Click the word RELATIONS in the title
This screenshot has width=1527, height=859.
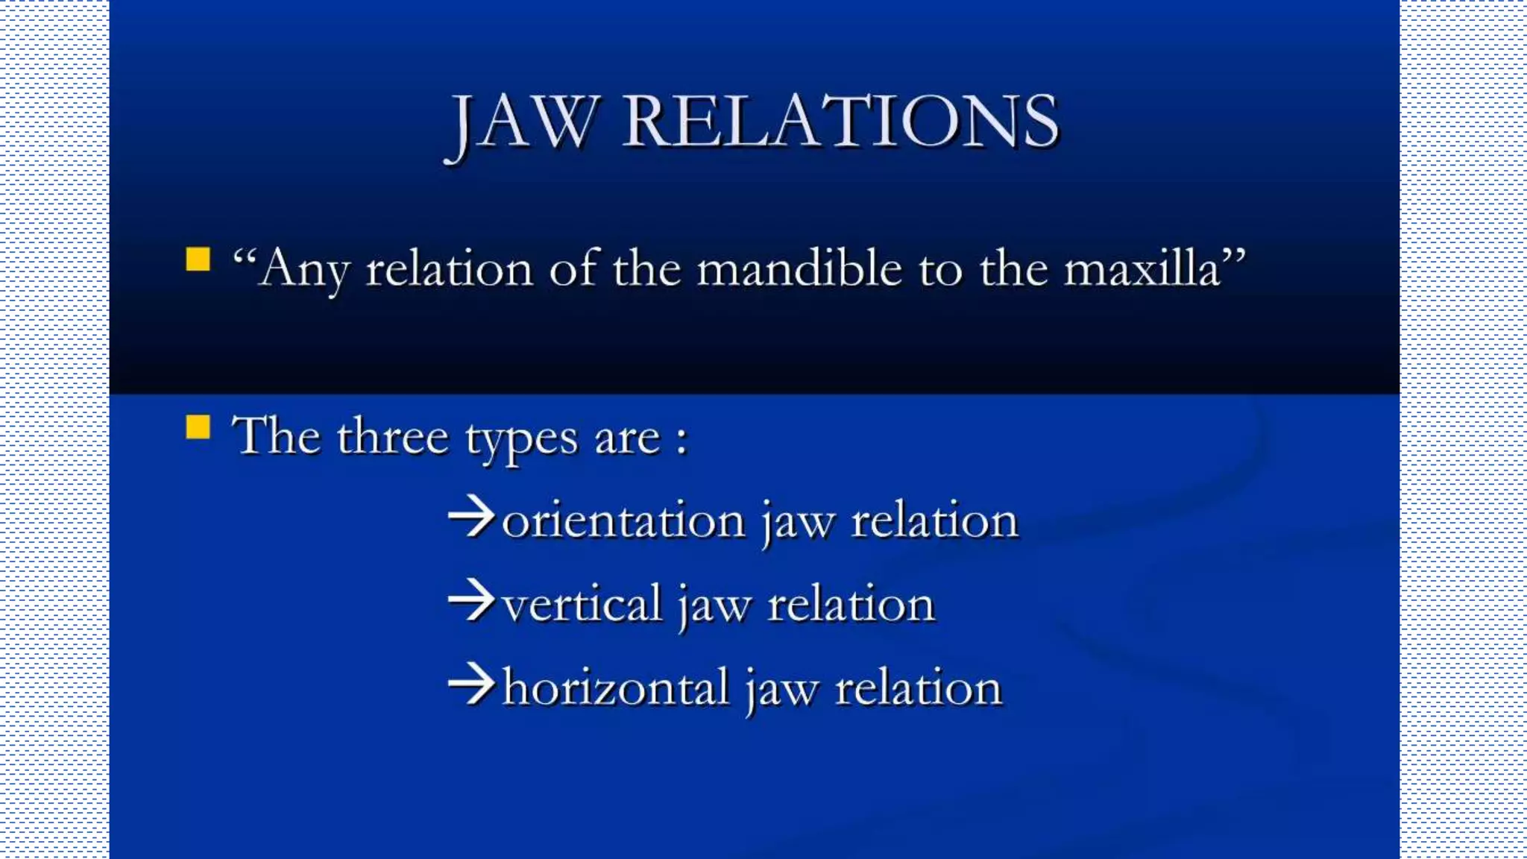840,122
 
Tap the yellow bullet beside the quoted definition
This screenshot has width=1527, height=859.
198,259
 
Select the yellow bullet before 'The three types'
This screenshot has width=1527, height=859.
198,428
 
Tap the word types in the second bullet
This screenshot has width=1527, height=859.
521,440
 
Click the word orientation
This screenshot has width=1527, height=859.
623,520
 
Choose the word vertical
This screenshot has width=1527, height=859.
582,604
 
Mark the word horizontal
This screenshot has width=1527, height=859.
615,687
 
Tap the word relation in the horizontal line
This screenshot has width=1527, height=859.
918,687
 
